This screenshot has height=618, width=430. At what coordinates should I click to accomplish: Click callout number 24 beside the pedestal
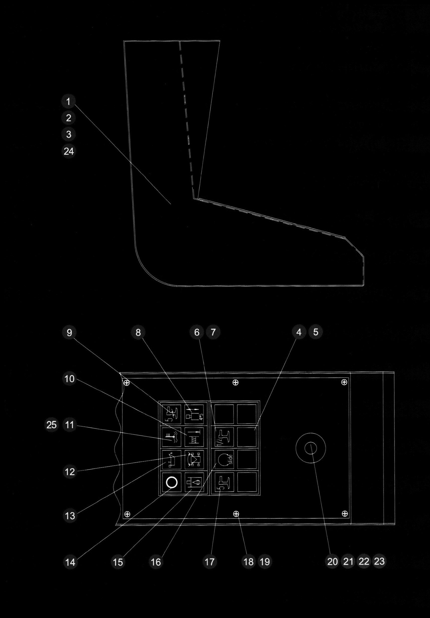pyautogui.click(x=69, y=151)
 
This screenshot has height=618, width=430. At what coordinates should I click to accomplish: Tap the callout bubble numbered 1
pyautogui.click(x=68, y=101)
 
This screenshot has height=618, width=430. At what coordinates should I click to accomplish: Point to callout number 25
pyautogui.click(x=51, y=425)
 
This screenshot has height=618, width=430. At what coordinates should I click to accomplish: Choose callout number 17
pyautogui.click(x=210, y=561)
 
